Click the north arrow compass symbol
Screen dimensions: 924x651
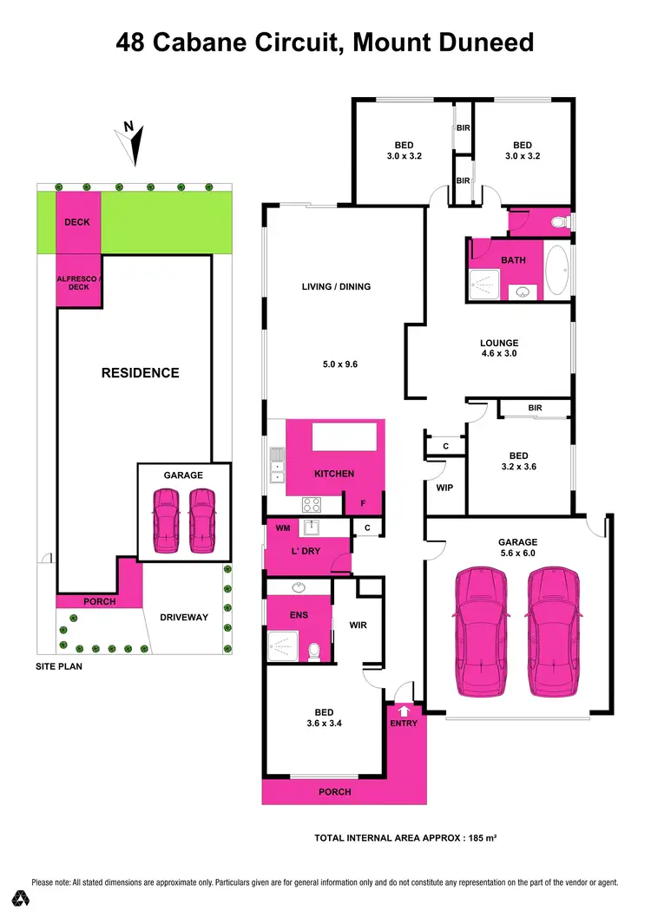[133, 143]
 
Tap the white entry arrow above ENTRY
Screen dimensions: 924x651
[404, 711]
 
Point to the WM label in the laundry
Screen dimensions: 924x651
[282, 528]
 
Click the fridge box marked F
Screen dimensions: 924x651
[363, 502]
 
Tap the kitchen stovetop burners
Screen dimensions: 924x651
[312, 503]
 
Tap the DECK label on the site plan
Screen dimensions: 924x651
[77, 222]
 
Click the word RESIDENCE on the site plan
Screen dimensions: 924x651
[141, 373]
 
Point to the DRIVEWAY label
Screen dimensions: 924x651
[184, 618]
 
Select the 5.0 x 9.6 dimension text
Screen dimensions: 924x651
[336, 364]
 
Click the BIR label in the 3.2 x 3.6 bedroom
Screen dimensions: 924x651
[535, 407]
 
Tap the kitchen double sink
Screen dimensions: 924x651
[277, 465]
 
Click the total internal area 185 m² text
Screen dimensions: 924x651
[404, 838]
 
